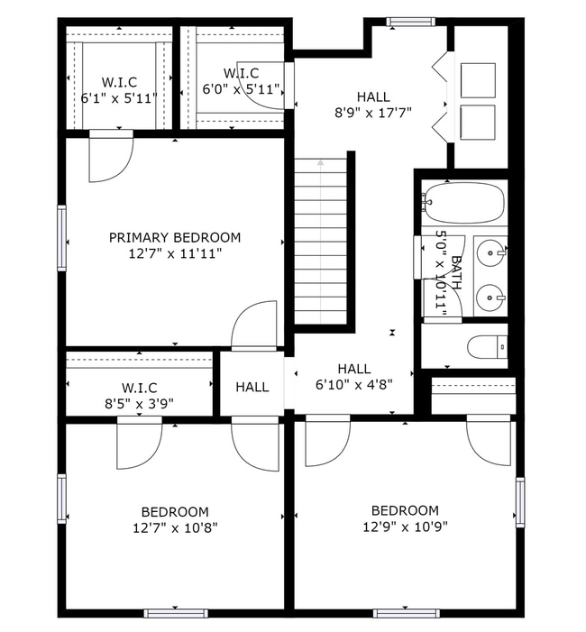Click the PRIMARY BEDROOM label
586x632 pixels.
pos(175,237)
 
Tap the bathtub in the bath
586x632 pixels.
pos(465,203)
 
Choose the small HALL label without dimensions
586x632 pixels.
pos(252,387)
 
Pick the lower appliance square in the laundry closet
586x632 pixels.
pos(477,123)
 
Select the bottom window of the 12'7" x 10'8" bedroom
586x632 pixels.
pos(175,613)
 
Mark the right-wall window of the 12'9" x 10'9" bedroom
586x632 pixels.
pos(520,499)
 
